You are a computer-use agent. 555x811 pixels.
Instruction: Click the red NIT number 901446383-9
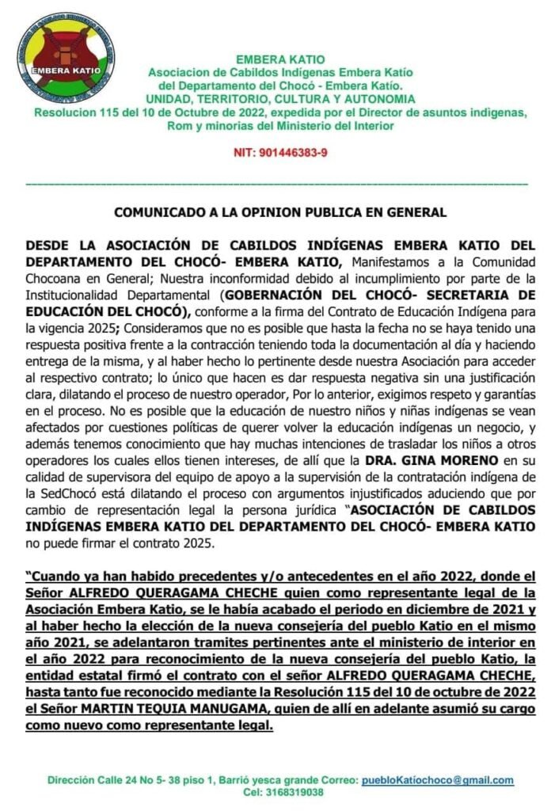pyautogui.click(x=281, y=151)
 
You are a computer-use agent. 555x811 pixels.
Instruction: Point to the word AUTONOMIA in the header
pyautogui.click(x=374, y=99)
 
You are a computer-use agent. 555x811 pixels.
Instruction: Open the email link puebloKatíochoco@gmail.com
pyautogui.click(x=437, y=780)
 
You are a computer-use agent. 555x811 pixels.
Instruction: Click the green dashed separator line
pyautogui.click(x=277, y=184)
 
